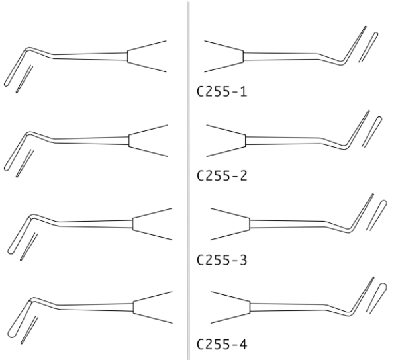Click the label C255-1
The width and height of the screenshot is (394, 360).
(x=222, y=91)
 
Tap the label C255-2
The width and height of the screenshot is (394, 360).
(x=222, y=176)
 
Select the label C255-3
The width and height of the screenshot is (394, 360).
(x=222, y=260)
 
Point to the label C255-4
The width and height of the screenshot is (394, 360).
(x=222, y=344)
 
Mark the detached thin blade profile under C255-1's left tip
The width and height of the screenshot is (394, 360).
(x=25, y=79)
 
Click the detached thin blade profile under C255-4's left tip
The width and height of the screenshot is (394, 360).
(x=29, y=330)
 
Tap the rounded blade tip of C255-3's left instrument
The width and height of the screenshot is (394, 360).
(x=11, y=251)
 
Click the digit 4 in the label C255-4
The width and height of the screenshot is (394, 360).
(x=243, y=344)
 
